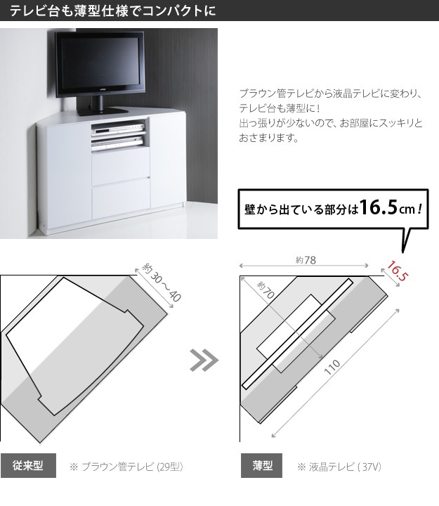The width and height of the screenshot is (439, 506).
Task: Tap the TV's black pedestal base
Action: pyautogui.click(x=103, y=111)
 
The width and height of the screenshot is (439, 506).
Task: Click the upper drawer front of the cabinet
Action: pyautogui.click(x=121, y=166)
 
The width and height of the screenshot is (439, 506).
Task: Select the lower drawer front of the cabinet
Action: pyautogui.click(x=121, y=198)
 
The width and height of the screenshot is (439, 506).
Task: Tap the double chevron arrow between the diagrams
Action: pyautogui.click(x=204, y=360)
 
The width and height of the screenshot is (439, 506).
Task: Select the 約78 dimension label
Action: pyautogui.click(x=306, y=260)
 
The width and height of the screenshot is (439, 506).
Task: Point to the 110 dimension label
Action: pyautogui.click(x=332, y=368)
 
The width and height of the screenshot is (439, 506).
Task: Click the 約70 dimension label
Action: pyautogui.click(x=266, y=290)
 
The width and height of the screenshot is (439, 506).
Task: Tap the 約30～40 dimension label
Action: pyautogui.click(x=162, y=283)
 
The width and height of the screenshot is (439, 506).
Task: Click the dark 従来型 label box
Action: pyautogui.click(x=28, y=465)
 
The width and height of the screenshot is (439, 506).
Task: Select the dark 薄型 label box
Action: pyautogui.click(x=261, y=465)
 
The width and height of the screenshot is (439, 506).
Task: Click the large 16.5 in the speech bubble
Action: pyautogui.click(x=378, y=207)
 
